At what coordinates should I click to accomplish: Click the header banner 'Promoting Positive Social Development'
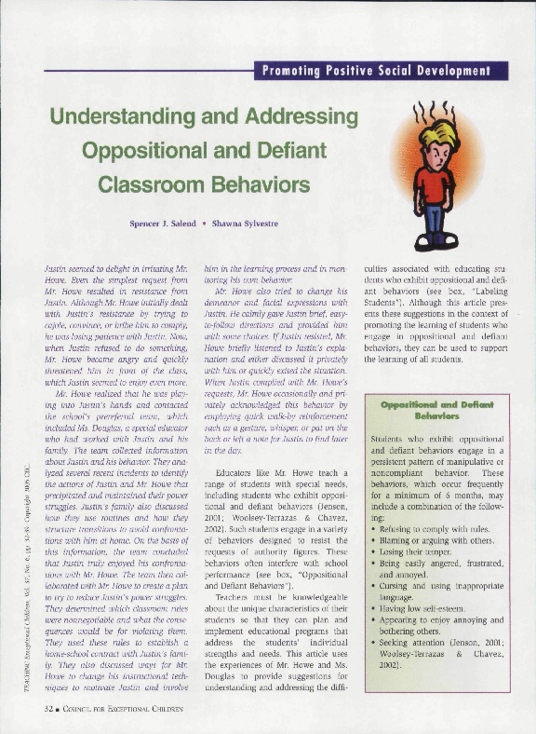click(384, 71)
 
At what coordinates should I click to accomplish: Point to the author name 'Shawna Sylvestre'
click(268, 224)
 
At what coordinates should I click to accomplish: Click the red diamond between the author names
click(218, 224)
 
